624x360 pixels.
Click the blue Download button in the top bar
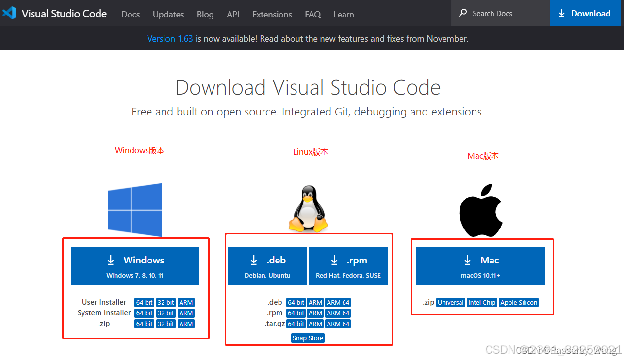586,14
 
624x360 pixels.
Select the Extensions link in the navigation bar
272,15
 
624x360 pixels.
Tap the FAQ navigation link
312,15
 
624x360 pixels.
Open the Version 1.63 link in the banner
170,39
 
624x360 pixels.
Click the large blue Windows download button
135,266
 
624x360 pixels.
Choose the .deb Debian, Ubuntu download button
267,266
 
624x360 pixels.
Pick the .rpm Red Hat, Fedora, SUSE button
348,266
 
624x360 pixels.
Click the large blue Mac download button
480,266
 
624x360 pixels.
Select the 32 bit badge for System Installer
166,313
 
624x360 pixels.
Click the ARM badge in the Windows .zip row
186,324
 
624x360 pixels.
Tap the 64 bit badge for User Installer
145,302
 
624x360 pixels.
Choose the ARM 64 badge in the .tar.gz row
338,324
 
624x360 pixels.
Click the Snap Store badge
308,338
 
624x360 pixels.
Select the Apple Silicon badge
519,302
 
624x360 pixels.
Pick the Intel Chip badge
482,302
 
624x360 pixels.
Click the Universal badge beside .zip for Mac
451,302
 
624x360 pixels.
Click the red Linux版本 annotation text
311,152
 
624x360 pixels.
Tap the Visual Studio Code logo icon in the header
9,13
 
